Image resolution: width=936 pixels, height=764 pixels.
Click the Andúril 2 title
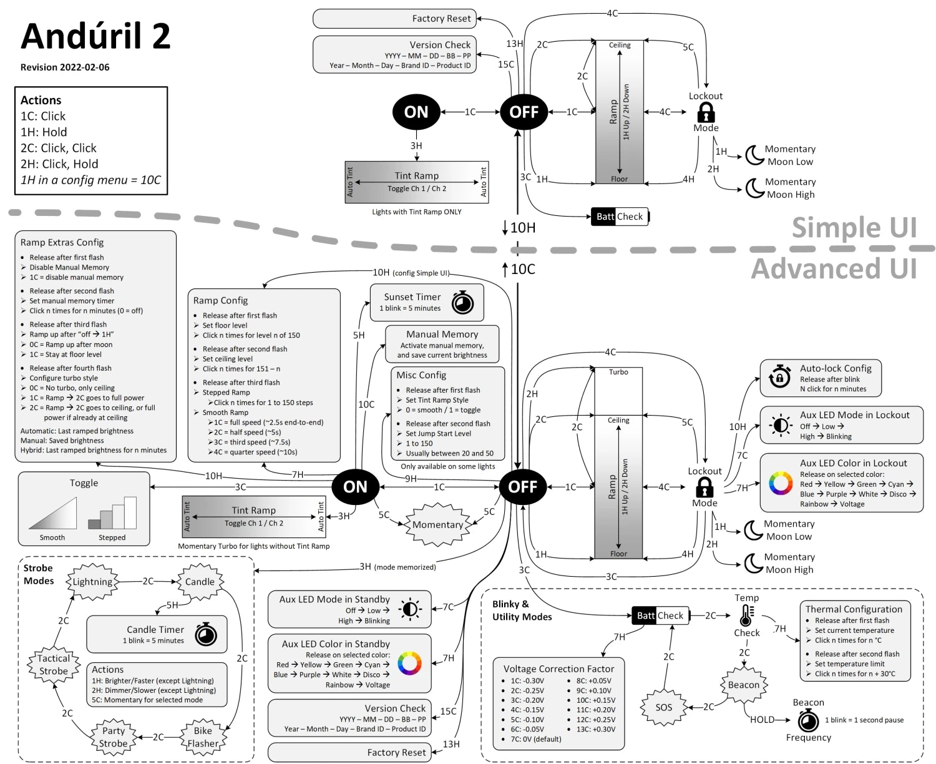(x=95, y=36)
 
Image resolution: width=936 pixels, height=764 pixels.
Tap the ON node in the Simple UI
(x=416, y=112)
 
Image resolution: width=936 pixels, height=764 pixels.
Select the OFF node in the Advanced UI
(x=523, y=487)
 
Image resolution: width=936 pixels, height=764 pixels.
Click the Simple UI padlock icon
(x=706, y=112)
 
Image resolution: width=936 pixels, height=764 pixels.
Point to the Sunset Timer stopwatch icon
(x=462, y=303)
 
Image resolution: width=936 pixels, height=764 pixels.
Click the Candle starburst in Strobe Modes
(x=200, y=582)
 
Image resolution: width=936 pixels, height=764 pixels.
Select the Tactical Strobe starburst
(x=54, y=665)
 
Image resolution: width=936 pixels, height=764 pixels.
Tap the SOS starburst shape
(x=663, y=707)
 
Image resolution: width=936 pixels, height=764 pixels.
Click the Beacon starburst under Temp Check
(x=744, y=685)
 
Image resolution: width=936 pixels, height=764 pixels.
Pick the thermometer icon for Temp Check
(x=746, y=615)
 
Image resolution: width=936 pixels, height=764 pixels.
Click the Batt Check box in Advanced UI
(x=660, y=615)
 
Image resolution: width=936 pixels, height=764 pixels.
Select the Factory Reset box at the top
(x=394, y=19)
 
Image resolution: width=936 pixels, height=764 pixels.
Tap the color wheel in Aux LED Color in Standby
(x=409, y=663)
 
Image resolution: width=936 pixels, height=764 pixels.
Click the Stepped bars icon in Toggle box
(x=113, y=513)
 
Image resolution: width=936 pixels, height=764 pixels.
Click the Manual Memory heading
(x=442, y=335)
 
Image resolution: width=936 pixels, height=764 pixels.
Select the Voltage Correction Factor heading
(x=558, y=668)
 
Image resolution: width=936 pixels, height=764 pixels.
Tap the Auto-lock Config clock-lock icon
(x=779, y=378)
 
